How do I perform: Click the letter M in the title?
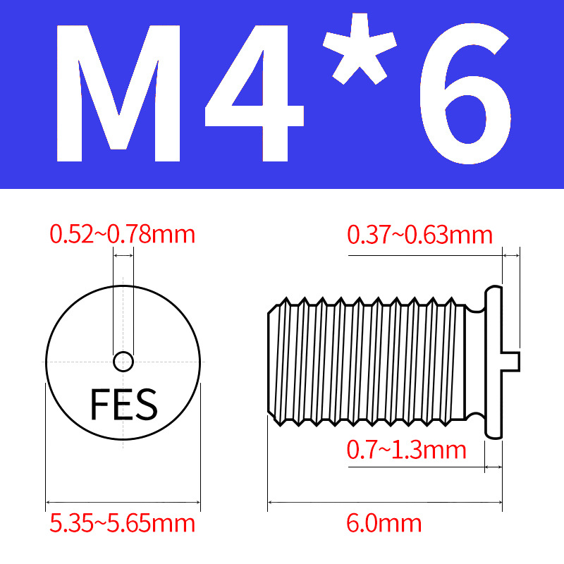pyautogui.click(x=118, y=94)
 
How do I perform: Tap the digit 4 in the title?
pyautogui.click(x=255, y=94)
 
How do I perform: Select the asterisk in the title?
pyautogui.click(x=360, y=49)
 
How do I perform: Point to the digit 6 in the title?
pyautogui.click(x=466, y=94)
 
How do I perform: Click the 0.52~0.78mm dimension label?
pyautogui.click(x=122, y=235)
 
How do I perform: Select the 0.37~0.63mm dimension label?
pyautogui.click(x=419, y=235)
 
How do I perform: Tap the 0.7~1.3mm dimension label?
pyautogui.click(x=407, y=450)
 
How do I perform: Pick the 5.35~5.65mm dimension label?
pyautogui.click(x=122, y=523)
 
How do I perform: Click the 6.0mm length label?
pyautogui.click(x=384, y=523)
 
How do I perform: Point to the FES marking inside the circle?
pyautogui.click(x=124, y=404)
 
